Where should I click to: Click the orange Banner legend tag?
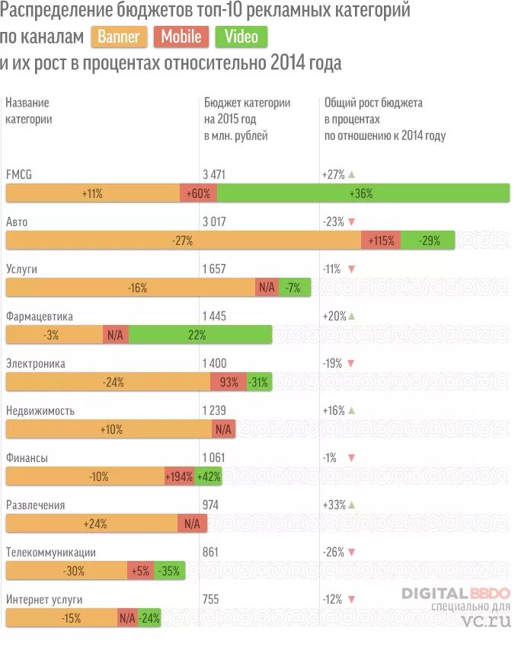pos(119,37)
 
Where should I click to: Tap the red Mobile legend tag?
pos(181,37)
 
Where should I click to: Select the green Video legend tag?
pos(241,37)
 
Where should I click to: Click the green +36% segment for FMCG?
pos(363,193)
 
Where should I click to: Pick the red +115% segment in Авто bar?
pos(381,241)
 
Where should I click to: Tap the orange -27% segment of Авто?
pos(183,241)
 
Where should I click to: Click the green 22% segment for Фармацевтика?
pos(200,335)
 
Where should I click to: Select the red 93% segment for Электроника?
pos(229,382)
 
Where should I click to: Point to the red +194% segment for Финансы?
pos(179,477)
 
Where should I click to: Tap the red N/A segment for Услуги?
pos(267,288)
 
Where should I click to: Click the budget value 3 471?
pos(214,174)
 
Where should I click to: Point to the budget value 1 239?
pos(214,410)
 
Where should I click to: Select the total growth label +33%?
pos(334,505)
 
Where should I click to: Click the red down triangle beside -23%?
pos(351,222)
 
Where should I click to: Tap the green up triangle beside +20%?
pos(351,316)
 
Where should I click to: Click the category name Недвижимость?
pos(40,410)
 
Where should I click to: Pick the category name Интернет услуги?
pos(43,599)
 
